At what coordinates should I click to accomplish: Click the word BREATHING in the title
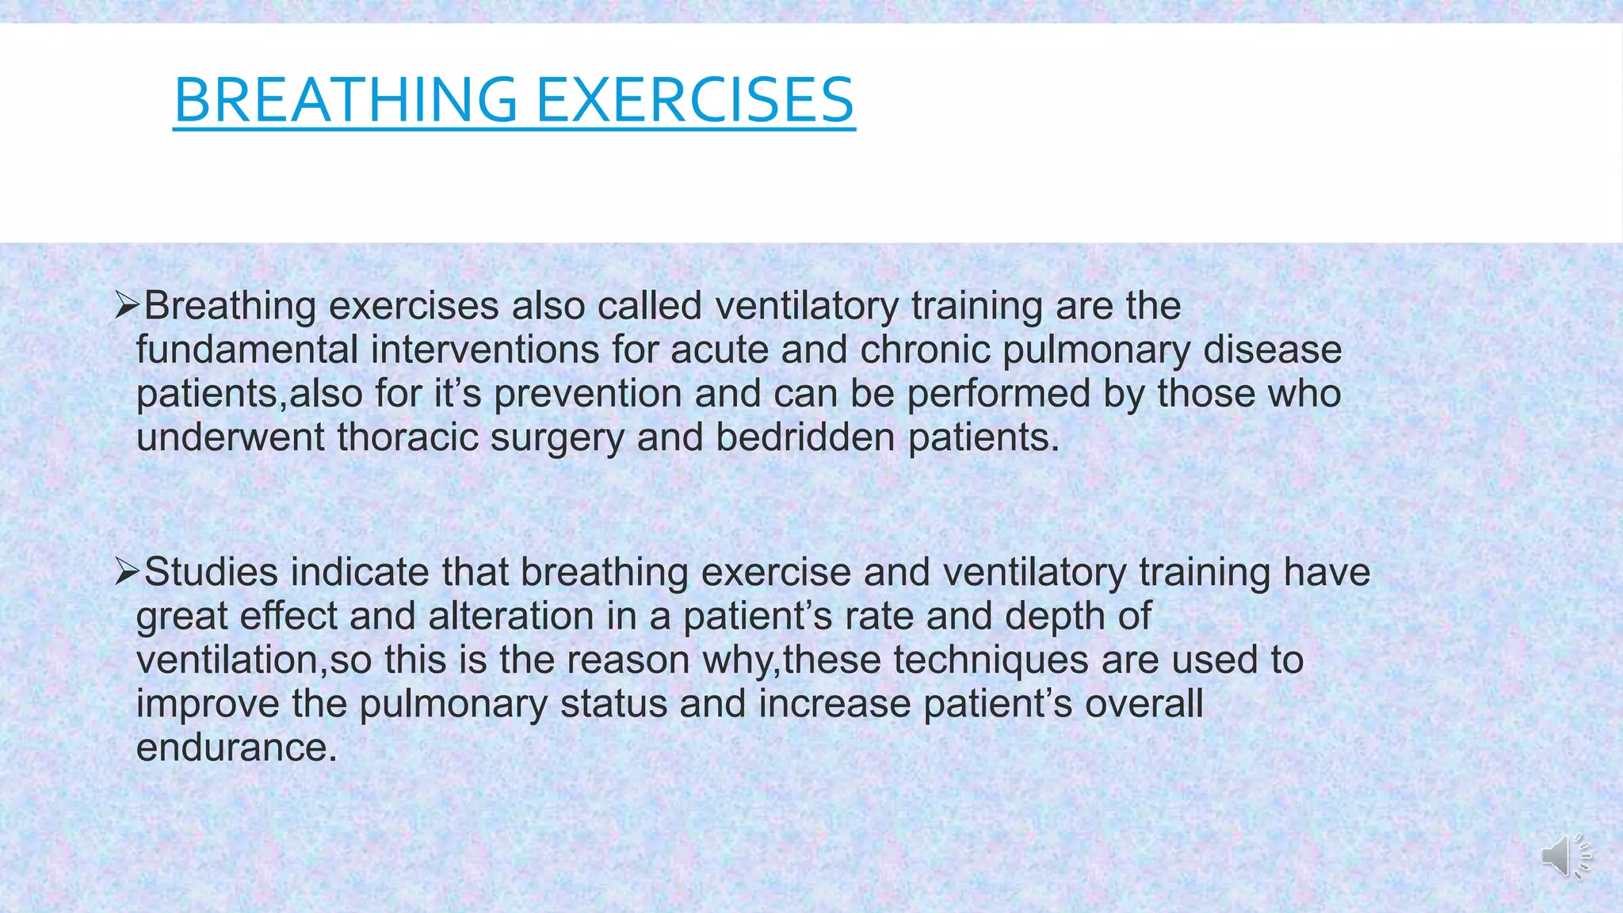click(345, 100)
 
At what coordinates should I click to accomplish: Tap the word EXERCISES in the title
click(695, 100)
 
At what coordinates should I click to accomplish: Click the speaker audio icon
click(1566, 856)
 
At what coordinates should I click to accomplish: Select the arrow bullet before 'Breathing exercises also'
click(127, 305)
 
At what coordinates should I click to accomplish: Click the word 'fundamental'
click(247, 350)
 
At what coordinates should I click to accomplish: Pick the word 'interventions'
click(485, 350)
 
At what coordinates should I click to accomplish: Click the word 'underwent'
click(231, 437)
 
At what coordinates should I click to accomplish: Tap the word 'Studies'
click(211, 572)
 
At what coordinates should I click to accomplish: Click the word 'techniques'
click(991, 660)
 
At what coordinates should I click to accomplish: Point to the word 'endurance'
click(236, 747)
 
